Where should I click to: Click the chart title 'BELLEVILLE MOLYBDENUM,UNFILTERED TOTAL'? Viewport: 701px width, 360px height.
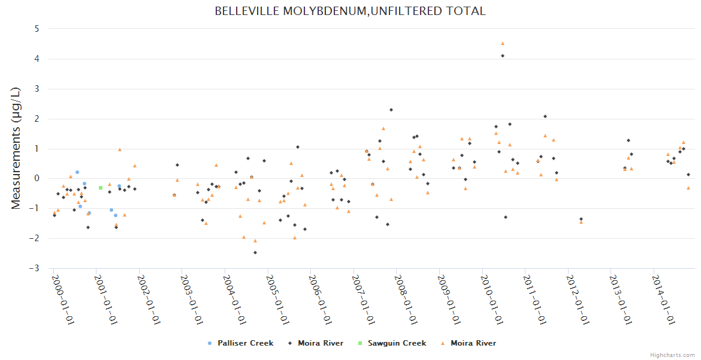350,11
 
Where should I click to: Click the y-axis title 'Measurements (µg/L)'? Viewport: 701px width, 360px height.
16,148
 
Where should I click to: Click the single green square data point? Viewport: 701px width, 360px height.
101,188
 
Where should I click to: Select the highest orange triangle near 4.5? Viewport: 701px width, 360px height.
503,43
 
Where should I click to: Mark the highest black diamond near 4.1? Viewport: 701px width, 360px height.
503,56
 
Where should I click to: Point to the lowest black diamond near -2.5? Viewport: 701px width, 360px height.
255,253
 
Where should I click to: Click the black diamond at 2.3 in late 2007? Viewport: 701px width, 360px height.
391,110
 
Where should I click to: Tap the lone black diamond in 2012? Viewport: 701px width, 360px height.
581,219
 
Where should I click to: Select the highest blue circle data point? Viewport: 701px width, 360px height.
77,172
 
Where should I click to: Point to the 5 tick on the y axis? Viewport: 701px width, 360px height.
37,29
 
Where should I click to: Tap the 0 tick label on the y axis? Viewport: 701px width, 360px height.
37,178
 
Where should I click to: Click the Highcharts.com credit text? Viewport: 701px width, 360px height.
672,355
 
